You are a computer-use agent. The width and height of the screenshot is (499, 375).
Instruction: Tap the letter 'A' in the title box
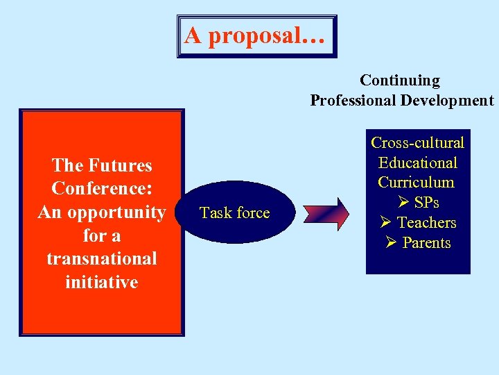194,35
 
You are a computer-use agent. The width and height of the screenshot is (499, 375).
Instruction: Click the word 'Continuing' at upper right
400,81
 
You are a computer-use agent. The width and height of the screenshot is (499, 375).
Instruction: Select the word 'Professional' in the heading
353,101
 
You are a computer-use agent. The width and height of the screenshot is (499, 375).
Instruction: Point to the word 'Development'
447,101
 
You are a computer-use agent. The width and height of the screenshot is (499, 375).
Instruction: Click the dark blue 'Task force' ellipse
234,212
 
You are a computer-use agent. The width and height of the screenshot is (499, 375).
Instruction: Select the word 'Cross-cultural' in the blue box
417,143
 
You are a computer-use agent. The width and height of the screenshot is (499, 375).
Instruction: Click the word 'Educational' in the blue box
417,163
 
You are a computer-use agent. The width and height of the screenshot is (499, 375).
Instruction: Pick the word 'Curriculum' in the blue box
416,183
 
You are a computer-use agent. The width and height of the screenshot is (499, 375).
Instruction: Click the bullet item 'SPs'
426,203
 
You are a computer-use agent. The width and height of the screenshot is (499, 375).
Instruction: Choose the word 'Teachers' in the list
426,223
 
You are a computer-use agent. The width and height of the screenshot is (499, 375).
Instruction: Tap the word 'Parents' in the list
426,243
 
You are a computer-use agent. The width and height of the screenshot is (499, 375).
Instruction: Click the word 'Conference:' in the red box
102,189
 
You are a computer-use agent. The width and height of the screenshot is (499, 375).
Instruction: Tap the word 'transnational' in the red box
102,259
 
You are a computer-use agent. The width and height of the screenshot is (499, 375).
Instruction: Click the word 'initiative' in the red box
102,282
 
